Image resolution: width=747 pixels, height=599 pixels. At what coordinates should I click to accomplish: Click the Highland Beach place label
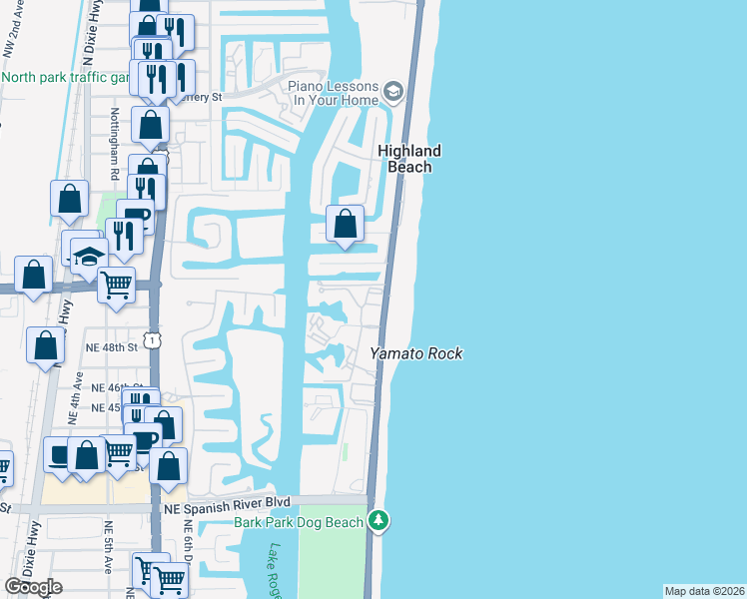(x=408, y=159)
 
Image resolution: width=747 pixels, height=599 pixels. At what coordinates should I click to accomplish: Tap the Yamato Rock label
(x=416, y=353)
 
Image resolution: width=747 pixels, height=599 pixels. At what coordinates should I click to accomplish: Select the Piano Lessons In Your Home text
(x=334, y=93)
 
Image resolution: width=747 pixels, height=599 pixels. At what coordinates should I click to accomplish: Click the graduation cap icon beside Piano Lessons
(x=393, y=93)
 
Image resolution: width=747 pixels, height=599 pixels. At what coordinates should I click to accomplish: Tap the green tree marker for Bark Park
(x=377, y=520)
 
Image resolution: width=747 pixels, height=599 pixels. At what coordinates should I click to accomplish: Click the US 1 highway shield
(x=152, y=341)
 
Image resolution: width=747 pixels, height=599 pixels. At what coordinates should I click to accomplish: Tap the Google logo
(x=34, y=587)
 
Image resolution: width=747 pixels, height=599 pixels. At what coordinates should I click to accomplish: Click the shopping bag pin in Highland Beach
(x=345, y=222)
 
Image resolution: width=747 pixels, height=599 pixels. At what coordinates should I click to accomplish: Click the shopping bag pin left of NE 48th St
(x=46, y=346)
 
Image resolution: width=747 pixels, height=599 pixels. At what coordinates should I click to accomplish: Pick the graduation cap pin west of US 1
(x=89, y=255)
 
